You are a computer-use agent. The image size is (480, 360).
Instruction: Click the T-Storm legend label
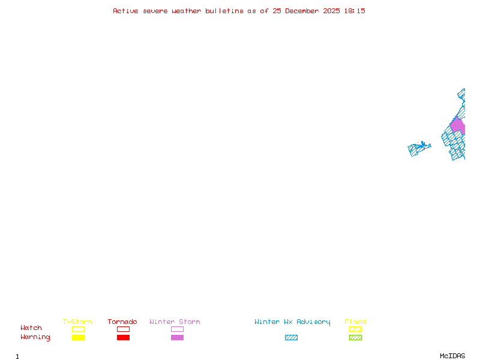[x=77, y=322]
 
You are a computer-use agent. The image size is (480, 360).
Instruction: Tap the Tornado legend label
[x=122, y=322]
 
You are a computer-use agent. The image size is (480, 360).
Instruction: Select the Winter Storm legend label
[x=175, y=322]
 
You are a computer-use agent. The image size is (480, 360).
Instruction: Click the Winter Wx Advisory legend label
[x=292, y=322]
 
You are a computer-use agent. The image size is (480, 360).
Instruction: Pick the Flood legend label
[x=355, y=322]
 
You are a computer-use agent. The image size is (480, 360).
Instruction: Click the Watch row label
[x=31, y=328]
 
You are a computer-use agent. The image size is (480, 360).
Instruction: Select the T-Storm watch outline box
[x=78, y=329]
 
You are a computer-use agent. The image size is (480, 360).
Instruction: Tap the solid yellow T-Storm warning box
[x=78, y=337]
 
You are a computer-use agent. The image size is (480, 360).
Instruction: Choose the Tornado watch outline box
[x=123, y=329]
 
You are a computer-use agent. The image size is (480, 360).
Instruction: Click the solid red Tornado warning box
[x=123, y=337]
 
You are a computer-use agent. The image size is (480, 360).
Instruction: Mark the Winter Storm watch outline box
[x=177, y=329]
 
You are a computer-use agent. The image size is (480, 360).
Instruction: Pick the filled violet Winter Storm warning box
[x=177, y=337]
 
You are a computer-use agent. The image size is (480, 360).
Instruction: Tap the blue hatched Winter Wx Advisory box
[x=291, y=337]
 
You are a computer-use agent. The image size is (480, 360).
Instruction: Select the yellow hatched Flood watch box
[x=355, y=329]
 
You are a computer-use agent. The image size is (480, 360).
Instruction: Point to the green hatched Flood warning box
[x=355, y=337]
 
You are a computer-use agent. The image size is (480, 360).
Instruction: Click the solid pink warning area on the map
[x=458, y=126]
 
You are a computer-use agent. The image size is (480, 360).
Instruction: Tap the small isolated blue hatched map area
[x=418, y=148]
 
